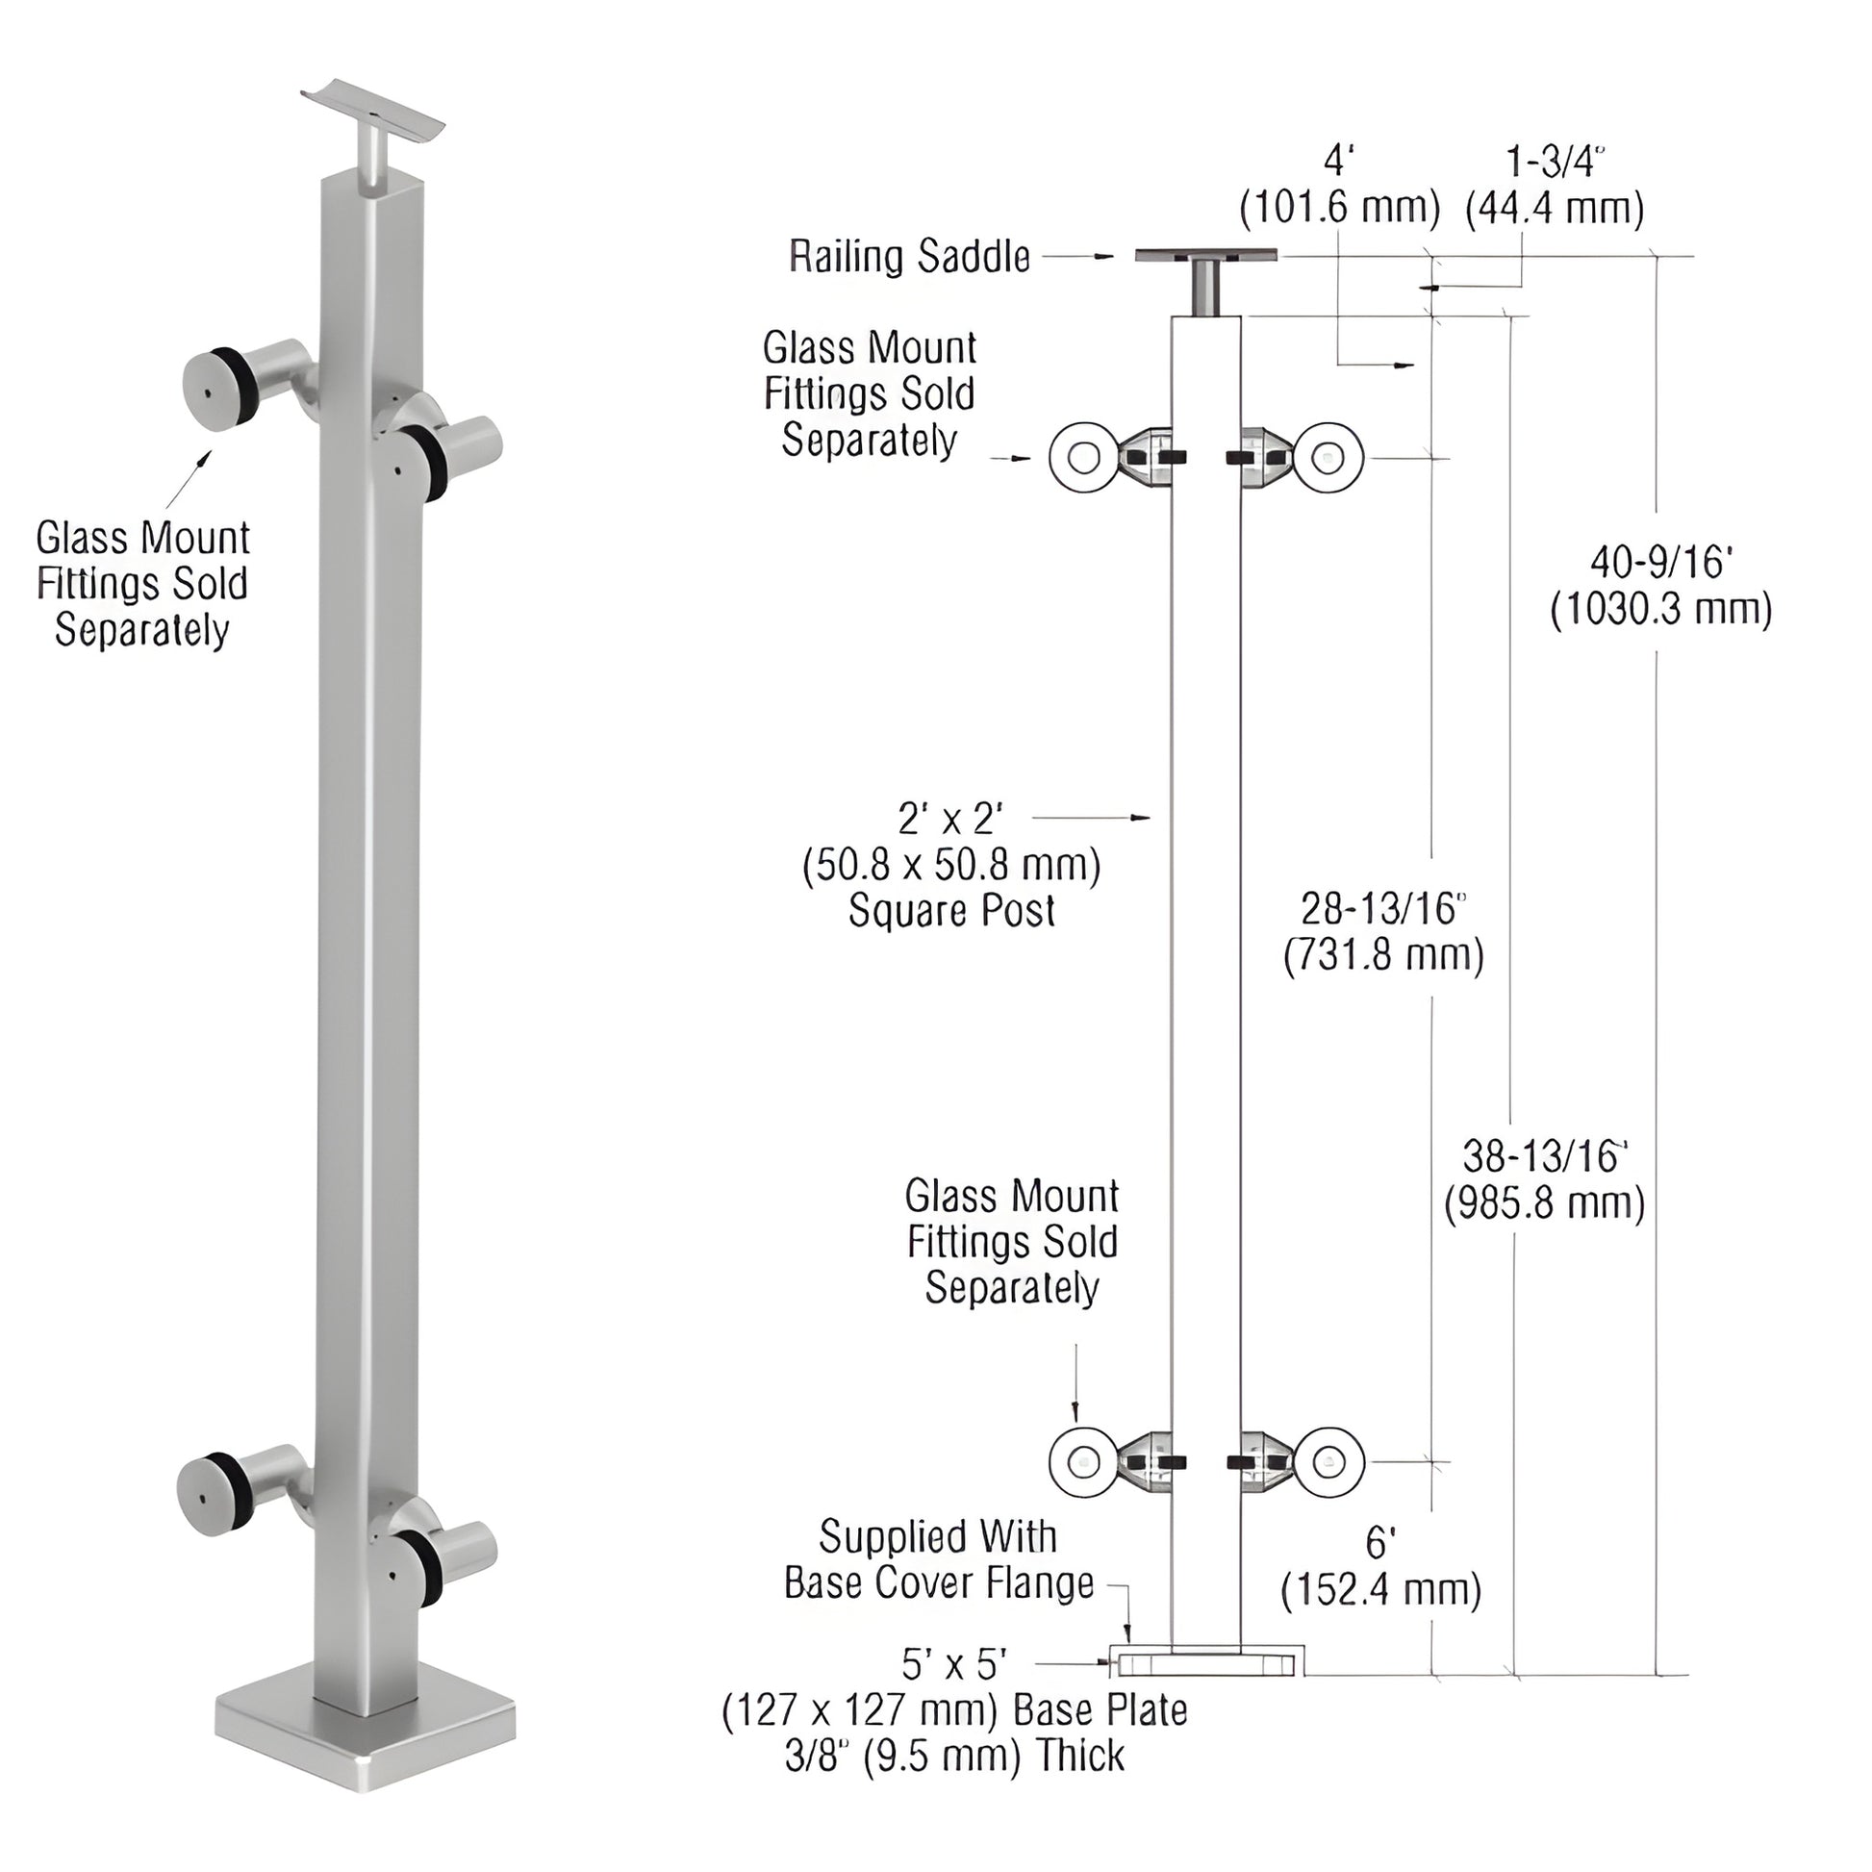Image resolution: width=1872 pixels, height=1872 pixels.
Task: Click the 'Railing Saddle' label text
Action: (x=909, y=257)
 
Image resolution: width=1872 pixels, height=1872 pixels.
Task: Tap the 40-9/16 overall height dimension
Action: (x=1660, y=562)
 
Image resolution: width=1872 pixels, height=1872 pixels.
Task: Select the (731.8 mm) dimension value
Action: (x=1383, y=956)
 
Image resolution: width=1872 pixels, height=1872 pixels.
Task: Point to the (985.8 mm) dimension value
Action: (x=1545, y=1203)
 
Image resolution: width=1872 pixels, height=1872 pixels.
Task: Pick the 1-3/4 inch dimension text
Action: (x=1555, y=163)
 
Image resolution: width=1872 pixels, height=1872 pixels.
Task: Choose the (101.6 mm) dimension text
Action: (x=1339, y=209)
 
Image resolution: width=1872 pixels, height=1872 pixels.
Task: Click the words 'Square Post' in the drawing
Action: (x=951, y=911)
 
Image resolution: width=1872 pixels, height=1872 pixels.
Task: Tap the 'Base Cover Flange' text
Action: (x=938, y=1583)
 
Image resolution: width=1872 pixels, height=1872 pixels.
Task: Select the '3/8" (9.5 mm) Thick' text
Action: (x=954, y=1756)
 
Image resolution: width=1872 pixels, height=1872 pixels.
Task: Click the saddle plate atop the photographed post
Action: (x=372, y=109)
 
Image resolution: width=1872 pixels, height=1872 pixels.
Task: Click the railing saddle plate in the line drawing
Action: (x=1206, y=255)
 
